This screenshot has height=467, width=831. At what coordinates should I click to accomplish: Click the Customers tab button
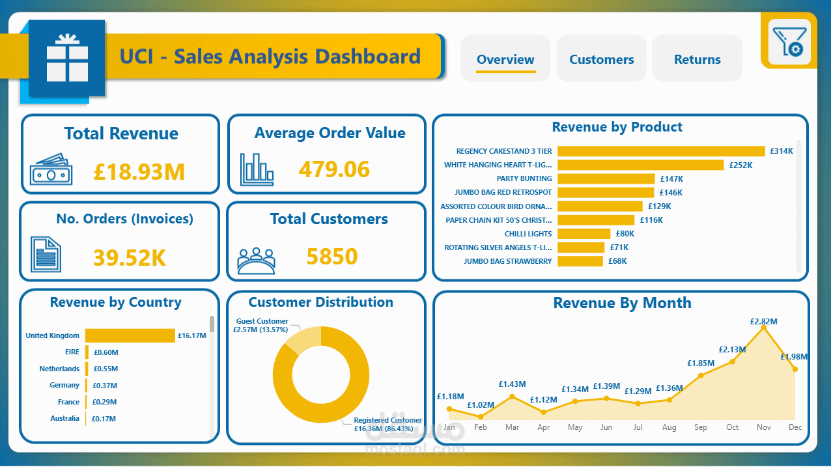pyautogui.click(x=601, y=59)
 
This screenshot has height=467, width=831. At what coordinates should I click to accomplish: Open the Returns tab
pyautogui.click(x=697, y=59)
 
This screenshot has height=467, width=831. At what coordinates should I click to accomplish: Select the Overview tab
pyautogui.click(x=505, y=59)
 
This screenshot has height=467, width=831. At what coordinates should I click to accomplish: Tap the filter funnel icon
pyautogui.click(x=789, y=42)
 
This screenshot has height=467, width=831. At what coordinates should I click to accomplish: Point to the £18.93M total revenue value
pyautogui.click(x=139, y=172)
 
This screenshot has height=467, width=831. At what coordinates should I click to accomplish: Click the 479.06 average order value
pyautogui.click(x=334, y=169)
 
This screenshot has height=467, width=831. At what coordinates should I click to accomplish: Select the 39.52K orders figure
pyautogui.click(x=129, y=258)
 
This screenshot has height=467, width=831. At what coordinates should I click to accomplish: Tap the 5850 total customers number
pyautogui.click(x=331, y=257)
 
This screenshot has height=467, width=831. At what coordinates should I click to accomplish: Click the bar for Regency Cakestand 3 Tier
pyautogui.click(x=660, y=151)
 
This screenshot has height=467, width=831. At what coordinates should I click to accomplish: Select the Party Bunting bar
pyautogui.click(x=606, y=178)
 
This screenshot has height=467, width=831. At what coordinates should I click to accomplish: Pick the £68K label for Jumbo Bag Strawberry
pyautogui.click(x=617, y=261)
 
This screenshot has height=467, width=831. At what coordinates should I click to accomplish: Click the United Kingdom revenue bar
pyautogui.click(x=130, y=335)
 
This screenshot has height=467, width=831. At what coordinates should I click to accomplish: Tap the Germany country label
pyautogui.click(x=64, y=386)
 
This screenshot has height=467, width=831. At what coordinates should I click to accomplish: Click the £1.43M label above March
pyautogui.click(x=512, y=384)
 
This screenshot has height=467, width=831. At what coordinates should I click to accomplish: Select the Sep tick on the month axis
pyautogui.click(x=701, y=427)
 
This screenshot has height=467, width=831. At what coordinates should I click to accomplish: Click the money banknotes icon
pyautogui.click(x=51, y=169)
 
